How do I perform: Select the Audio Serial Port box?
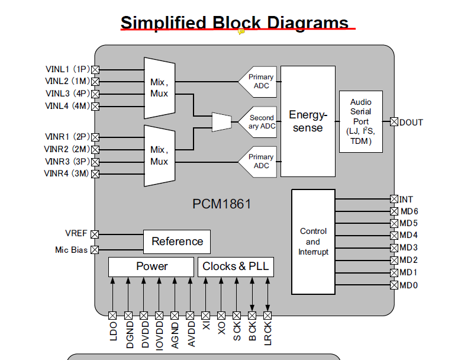360,121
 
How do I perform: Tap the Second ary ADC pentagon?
259,122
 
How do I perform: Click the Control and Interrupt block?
313,242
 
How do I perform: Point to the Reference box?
177,242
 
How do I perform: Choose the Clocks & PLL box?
236,266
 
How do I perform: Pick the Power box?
151,266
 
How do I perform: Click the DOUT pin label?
411,123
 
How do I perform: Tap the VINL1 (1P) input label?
67,69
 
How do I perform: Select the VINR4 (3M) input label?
66,173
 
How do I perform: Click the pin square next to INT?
394,199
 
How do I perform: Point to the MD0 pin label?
408,285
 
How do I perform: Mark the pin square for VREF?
95,234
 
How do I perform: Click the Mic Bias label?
71,250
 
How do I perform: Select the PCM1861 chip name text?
222,204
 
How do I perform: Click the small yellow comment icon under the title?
241,32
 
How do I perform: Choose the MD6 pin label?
409,211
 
